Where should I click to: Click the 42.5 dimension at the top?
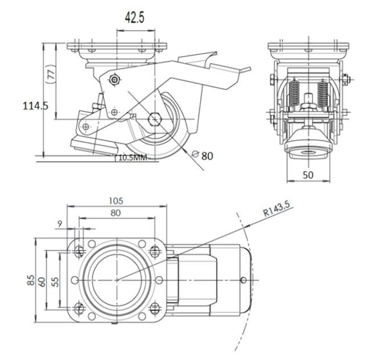(134, 18)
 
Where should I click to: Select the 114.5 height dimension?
(36, 106)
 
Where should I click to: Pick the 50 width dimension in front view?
(308, 174)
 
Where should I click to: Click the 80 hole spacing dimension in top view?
(117, 212)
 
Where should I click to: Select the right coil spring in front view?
(323, 93)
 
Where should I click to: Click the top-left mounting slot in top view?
(79, 251)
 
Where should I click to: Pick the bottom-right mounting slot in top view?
(155, 308)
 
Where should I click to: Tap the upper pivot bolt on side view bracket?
(115, 79)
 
